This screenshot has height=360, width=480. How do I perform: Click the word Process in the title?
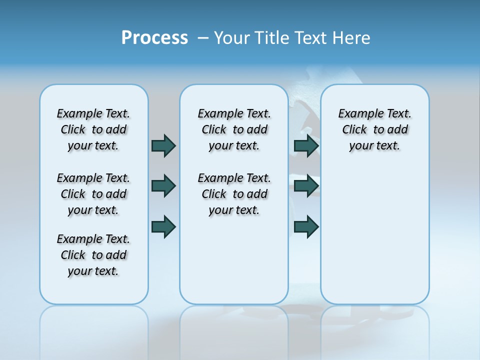[154, 38]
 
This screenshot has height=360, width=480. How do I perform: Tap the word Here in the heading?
[352, 38]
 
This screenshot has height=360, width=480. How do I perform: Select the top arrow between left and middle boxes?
[163, 145]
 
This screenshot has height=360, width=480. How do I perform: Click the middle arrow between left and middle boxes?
[163, 185]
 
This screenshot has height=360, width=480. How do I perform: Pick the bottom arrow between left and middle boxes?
[163, 226]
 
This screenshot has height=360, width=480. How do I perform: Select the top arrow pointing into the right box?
[306, 145]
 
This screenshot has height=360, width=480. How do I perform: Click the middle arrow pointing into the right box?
[306, 185]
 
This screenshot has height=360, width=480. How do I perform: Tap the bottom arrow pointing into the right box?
[306, 226]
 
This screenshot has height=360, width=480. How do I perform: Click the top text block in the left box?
[93, 129]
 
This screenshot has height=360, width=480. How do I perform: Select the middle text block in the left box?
[93, 194]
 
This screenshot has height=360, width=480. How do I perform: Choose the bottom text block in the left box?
[93, 255]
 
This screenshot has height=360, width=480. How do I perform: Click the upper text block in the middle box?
[234, 129]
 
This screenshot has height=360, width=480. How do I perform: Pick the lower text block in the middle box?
[234, 194]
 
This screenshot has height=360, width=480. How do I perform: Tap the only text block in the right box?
[375, 129]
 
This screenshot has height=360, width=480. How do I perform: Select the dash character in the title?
[203, 38]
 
